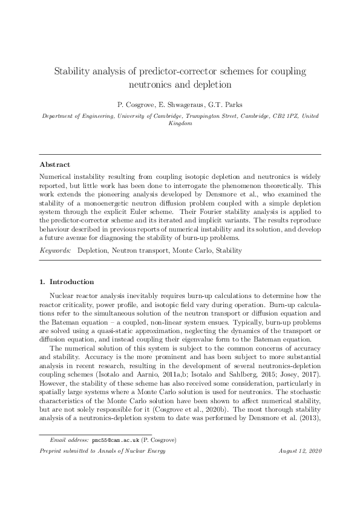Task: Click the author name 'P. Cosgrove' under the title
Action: [x=132, y=103]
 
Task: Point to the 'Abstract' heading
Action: [x=54, y=164]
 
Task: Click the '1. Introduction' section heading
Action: [x=67, y=282]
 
